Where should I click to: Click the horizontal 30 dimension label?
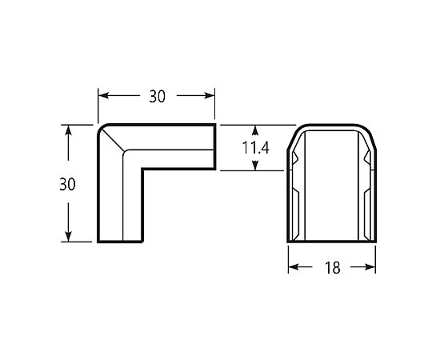point(158,97)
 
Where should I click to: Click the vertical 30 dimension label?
point(67,184)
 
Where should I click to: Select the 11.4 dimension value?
point(255,148)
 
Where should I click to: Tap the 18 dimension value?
point(333,267)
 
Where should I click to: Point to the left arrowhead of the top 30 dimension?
point(103,95)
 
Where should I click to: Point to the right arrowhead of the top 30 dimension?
point(210,95)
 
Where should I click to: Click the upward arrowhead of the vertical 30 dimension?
point(68,130)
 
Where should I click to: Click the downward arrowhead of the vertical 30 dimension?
point(68,236)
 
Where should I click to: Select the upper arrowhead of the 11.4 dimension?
point(255,130)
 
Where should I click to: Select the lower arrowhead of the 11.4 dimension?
point(255,166)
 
